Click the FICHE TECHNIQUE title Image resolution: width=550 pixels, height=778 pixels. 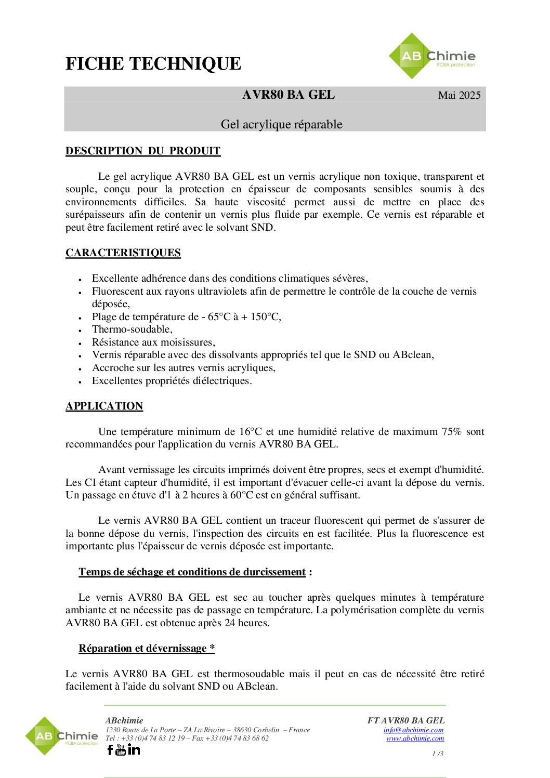153,64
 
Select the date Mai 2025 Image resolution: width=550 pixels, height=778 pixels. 459,95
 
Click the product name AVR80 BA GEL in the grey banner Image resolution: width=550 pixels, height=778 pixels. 289,95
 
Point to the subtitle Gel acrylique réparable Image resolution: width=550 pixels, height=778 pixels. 281,124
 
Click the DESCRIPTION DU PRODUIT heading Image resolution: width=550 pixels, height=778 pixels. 143,151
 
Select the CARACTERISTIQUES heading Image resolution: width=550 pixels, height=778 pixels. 123,253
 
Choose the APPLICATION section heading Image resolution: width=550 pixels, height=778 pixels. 104,406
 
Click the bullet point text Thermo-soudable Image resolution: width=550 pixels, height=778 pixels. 132,329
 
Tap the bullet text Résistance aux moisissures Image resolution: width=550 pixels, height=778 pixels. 153,342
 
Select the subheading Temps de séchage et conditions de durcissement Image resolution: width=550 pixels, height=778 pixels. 192,572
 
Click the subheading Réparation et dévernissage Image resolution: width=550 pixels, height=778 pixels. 146,649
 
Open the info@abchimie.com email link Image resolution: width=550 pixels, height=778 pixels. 413,730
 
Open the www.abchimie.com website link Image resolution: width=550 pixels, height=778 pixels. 415,738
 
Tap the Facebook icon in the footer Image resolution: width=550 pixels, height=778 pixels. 110,749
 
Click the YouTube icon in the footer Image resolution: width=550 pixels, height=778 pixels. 121,749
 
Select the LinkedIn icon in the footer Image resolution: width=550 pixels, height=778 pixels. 134,749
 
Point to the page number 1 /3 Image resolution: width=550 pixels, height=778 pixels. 438,754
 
